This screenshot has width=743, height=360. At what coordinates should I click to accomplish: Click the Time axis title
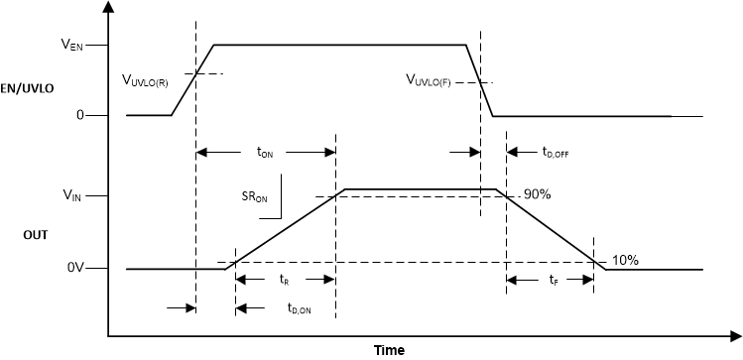click(388, 349)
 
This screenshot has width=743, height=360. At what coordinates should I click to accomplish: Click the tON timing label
click(265, 153)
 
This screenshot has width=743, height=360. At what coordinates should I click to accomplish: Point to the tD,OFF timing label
click(556, 153)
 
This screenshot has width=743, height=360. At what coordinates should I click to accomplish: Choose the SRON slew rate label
click(255, 197)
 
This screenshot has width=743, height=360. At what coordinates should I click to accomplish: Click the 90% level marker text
click(537, 194)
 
